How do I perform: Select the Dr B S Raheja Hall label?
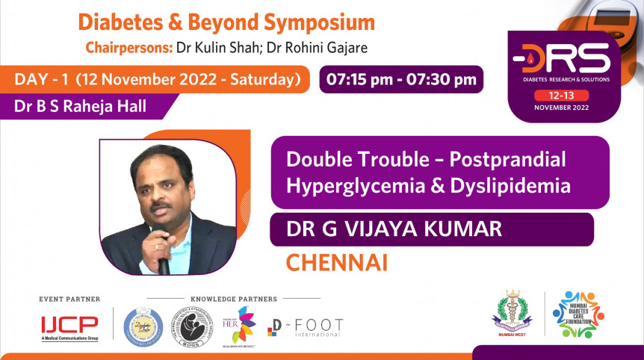(x=80, y=106)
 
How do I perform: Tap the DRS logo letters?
(x=572, y=58)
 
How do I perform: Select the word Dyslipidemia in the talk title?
(x=509, y=185)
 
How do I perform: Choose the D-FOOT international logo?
(x=306, y=327)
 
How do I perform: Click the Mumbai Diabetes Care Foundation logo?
(x=579, y=314)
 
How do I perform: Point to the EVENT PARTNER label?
(x=69, y=300)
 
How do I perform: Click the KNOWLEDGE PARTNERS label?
(x=234, y=300)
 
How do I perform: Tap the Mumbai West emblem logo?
(x=512, y=314)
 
